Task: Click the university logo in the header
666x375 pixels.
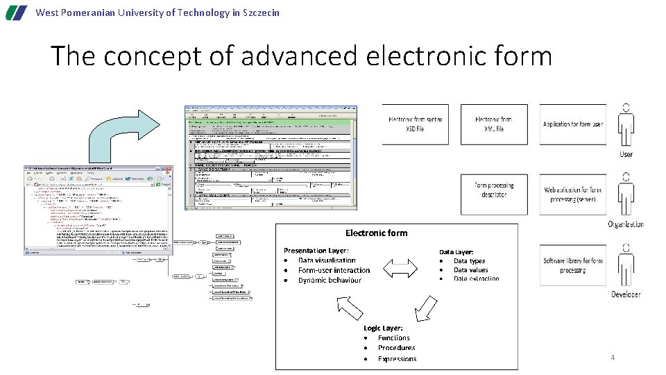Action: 17,12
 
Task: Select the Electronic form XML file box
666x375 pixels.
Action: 494,124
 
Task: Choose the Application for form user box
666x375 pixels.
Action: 572,124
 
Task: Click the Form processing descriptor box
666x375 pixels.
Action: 494,190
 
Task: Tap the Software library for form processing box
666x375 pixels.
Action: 572,265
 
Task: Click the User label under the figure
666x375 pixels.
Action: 626,154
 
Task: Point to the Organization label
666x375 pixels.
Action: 626,224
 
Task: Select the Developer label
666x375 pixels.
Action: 626,294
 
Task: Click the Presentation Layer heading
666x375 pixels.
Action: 316,250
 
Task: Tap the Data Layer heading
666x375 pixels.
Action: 456,252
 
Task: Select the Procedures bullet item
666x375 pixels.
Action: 396,348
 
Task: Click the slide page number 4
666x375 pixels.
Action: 613,358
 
